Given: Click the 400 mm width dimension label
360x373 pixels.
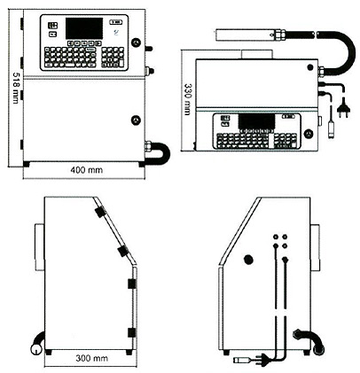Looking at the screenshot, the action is point(87,170).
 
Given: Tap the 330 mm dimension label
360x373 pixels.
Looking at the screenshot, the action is point(188,98).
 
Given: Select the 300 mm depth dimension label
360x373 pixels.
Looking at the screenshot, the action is point(91,358).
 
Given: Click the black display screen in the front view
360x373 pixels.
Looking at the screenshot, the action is point(84,28).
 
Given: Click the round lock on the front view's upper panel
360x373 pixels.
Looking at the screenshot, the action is point(136,43).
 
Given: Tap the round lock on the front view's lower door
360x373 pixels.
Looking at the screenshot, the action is point(136,120).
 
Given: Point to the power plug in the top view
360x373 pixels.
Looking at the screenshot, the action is point(343,111).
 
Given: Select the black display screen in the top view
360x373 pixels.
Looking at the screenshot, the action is point(256,121).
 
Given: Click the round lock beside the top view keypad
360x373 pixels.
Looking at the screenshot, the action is point(309,134).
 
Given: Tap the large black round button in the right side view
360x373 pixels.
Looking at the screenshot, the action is point(248,260).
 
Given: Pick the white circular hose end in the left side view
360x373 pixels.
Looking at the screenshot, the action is point(36,349).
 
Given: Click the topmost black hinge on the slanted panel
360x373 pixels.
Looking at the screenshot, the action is point(101,212).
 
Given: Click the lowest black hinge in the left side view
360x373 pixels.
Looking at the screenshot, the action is point(131,332).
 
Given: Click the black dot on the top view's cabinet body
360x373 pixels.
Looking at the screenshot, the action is point(310,67).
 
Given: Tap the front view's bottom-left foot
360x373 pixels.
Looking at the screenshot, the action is point(26,164).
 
